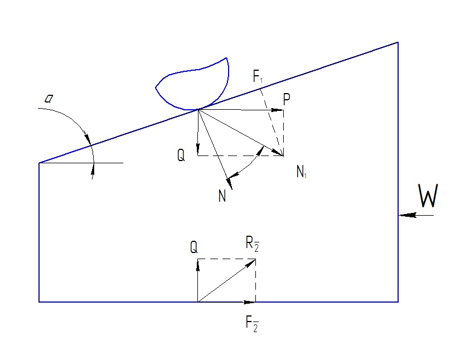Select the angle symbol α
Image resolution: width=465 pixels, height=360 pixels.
[x=49, y=99]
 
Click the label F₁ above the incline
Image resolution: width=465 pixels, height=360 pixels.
[x=258, y=77]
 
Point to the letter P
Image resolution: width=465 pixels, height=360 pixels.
[x=287, y=100]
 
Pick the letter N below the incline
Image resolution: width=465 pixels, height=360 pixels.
[x=222, y=196]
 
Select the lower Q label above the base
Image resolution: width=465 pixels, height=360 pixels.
[x=193, y=247]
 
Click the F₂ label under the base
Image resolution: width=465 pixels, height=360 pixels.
[x=252, y=323]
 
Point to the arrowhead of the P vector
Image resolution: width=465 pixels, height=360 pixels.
[x=280, y=110]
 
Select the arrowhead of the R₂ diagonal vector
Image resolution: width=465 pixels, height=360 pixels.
[x=252, y=261]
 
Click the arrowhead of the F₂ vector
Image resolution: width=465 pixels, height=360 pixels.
[x=251, y=302]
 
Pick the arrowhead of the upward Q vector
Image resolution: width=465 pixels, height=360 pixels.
[x=198, y=262]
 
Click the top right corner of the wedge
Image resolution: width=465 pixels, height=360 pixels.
[x=398, y=42]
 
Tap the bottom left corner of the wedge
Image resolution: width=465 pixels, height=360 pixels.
[x=39, y=301]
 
